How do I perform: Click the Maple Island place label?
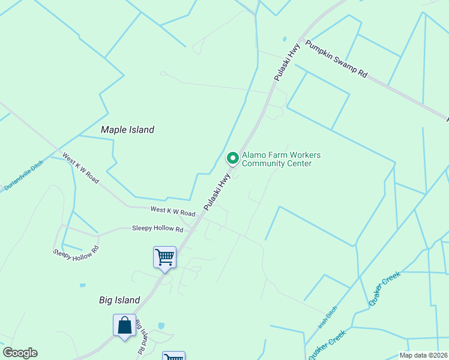pyautogui.click(x=127, y=130)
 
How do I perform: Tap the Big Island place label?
pyautogui.click(x=119, y=300)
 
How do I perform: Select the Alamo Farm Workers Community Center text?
pyautogui.click(x=281, y=159)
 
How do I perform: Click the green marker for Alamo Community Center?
pyautogui.click(x=232, y=158)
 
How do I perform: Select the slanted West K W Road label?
pyautogui.click(x=80, y=168)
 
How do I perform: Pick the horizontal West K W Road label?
pyautogui.click(x=173, y=212)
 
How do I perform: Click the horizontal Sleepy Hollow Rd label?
pyautogui.click(x=157, y=229)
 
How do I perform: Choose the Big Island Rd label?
pyautogui.click(x=142, y=335)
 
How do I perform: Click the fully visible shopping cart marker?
pyautogui.click(x=164, y=258)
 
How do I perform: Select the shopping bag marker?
pyautogui.click(x=124, y=326)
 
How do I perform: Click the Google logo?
pyautogui.click(x=20, y=353)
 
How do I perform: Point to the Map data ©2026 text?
pyautogui.click(x=423, y=355)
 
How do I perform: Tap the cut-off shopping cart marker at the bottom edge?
pyautogui.click(x=173, y=356)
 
